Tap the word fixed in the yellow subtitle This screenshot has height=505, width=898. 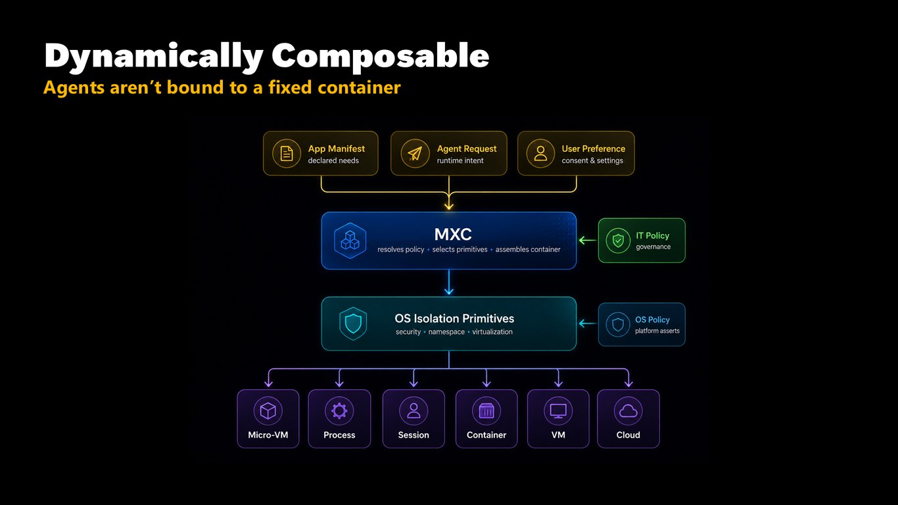click(x=290, y=87)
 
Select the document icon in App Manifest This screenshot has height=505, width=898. click(x=287, y=154)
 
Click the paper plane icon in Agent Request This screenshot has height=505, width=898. click(x=415, y=154)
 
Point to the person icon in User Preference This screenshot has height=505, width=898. click(x=540, y=154)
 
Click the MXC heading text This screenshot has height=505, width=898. click(x=453, y=234)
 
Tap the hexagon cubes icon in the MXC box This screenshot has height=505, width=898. click(x=350, y=241)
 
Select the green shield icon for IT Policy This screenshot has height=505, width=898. click(x=618, y=241)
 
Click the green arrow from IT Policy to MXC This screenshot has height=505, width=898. click(x=587, y=241)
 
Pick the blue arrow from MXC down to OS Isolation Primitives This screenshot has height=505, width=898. click(x=449, y=282)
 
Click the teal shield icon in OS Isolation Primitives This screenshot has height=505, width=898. click(x=353, y=324)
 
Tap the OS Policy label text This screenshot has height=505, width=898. click(x=652, y=320)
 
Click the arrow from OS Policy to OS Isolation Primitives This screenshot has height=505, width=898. click(x=587, y=324)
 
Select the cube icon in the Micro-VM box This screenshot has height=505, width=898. click(x=268, y=411)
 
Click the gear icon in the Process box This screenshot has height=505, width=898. click(x=339, y=411)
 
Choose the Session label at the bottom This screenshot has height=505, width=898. click(x=414, y=435)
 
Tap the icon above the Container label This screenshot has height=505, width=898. click(x=486, y=411)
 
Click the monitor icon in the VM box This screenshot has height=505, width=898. click(x=558, y=411)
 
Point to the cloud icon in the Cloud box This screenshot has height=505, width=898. click(x=628, y=411)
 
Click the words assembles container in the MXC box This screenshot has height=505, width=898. click(x=528, y=249)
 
